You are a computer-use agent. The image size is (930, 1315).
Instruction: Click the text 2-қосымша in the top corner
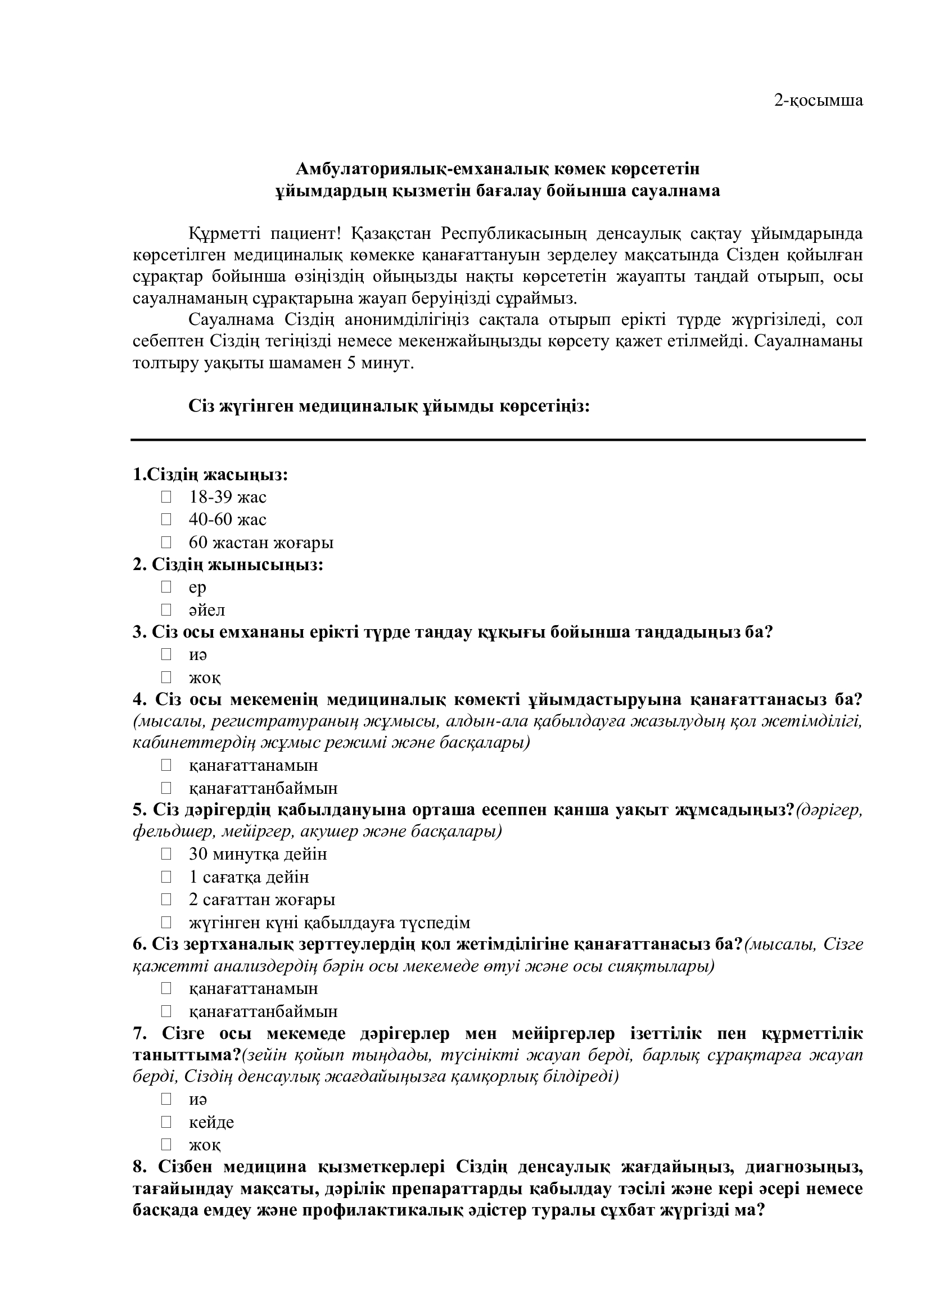[818, 101]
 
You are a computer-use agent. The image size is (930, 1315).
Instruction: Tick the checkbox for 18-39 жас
[166, 496]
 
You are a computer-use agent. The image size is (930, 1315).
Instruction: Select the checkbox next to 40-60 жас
[166, 519]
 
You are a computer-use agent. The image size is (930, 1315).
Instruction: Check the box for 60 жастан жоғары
[166, 542]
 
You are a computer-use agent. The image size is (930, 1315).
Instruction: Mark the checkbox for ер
[166, 586]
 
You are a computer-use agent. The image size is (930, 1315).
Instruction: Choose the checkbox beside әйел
[166, 609]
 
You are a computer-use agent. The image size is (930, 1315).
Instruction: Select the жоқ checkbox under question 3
[166, 677]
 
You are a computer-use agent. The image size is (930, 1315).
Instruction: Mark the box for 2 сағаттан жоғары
[166, 899]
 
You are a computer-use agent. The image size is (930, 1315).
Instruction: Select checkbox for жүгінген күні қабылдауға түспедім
[166, 922]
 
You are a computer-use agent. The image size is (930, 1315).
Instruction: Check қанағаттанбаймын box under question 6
[166, 1011]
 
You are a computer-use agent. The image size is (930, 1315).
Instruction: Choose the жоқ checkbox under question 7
[166, 1144]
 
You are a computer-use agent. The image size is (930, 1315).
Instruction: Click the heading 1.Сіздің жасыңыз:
[210, 475]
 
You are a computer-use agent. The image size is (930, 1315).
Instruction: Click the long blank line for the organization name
[498, 440]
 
